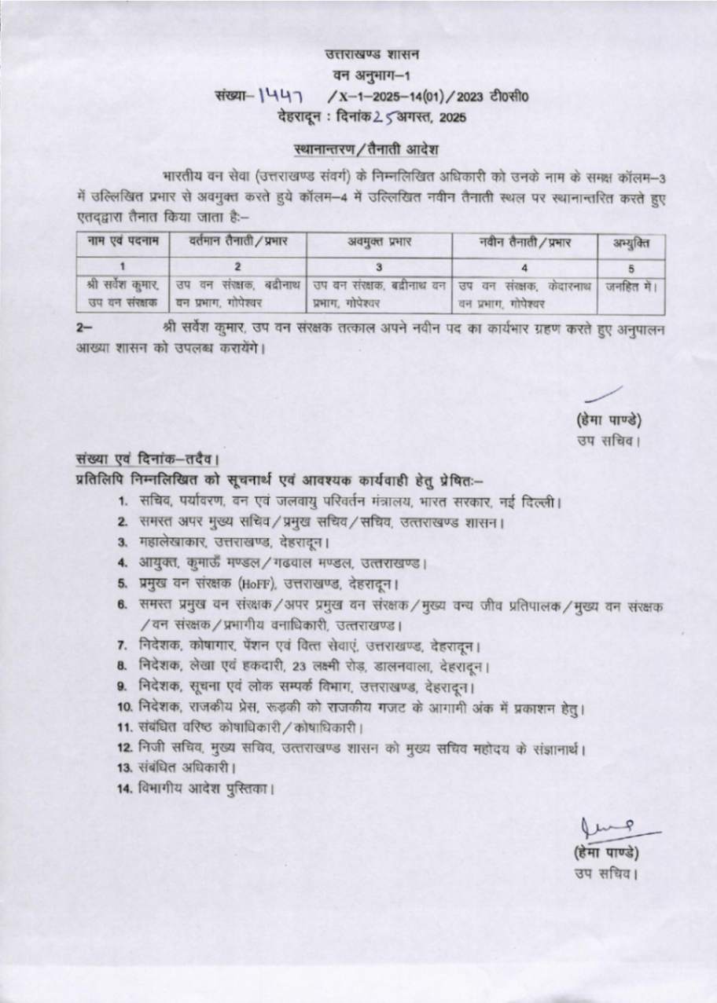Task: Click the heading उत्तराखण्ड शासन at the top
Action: (373, 55)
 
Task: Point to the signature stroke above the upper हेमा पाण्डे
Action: (606, 394)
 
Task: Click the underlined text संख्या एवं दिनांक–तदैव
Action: (146, 459)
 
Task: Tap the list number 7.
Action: (123, 646)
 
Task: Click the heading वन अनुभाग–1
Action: (373, 75)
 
